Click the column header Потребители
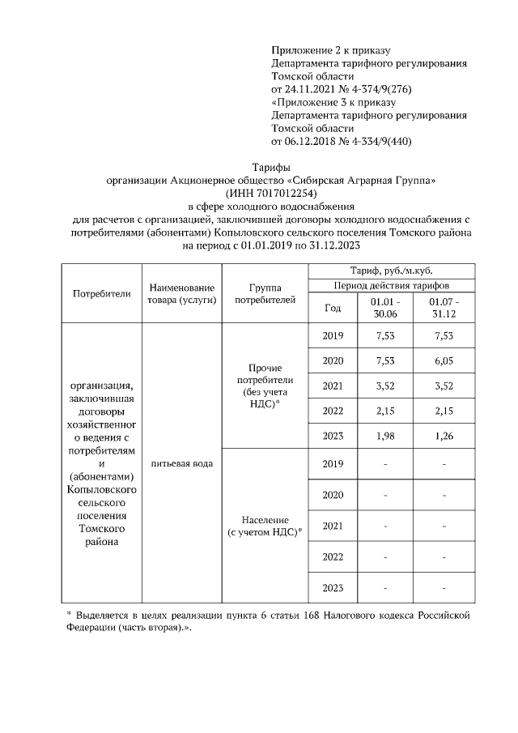pos(101,294)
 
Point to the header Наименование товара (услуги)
pos(181,294)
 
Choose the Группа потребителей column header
pos(260,294)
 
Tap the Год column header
pos(332,308)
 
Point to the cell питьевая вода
pos(181,463)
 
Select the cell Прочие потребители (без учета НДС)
pos(260,386)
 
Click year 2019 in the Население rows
pos(332,463)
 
